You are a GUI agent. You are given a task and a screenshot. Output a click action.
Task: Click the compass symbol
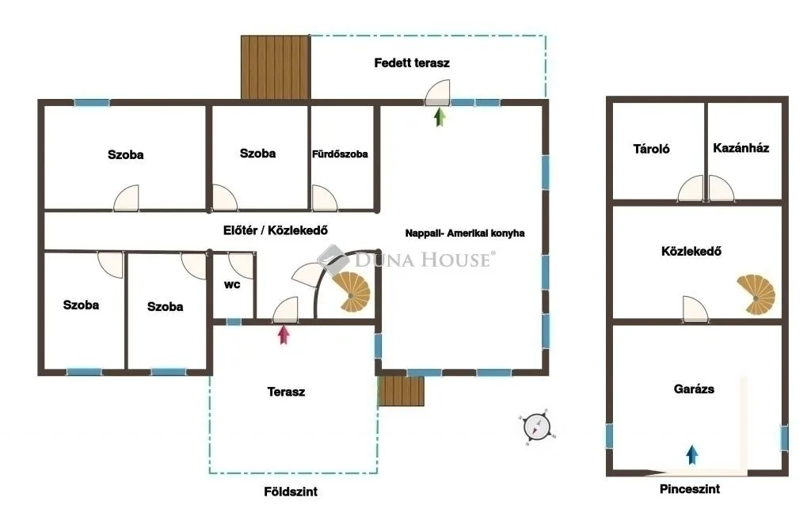pos(538,427)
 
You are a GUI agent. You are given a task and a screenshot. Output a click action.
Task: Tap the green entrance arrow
pos(440,117)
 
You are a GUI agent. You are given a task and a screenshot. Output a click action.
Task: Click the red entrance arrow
pos(284,334)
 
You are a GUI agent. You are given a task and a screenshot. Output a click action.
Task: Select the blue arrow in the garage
pos(692,454)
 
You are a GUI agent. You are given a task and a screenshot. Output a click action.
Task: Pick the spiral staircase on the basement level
pos(756,294)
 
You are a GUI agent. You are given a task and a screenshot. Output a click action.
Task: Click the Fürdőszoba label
pos(340,154)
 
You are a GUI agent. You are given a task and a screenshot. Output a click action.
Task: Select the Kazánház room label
pos(741,148)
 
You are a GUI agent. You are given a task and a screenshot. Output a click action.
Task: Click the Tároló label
pos(651,148)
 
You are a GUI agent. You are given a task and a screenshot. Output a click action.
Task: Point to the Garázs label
pos(694,389)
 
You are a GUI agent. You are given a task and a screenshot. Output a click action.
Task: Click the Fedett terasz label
pos(412,63)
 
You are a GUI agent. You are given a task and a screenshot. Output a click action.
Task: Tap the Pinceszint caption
pos(690,489)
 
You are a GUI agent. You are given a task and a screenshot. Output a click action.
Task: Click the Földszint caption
pos(290,492)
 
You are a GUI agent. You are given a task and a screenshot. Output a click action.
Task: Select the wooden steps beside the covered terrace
pos(274,67)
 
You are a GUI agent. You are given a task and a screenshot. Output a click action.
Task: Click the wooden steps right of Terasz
pos(402,390)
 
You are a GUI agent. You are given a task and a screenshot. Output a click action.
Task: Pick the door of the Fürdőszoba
pos(323,198)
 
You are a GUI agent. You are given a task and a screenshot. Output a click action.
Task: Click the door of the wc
pos(239,263)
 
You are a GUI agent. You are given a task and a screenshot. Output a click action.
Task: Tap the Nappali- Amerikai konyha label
pos(465,233)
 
